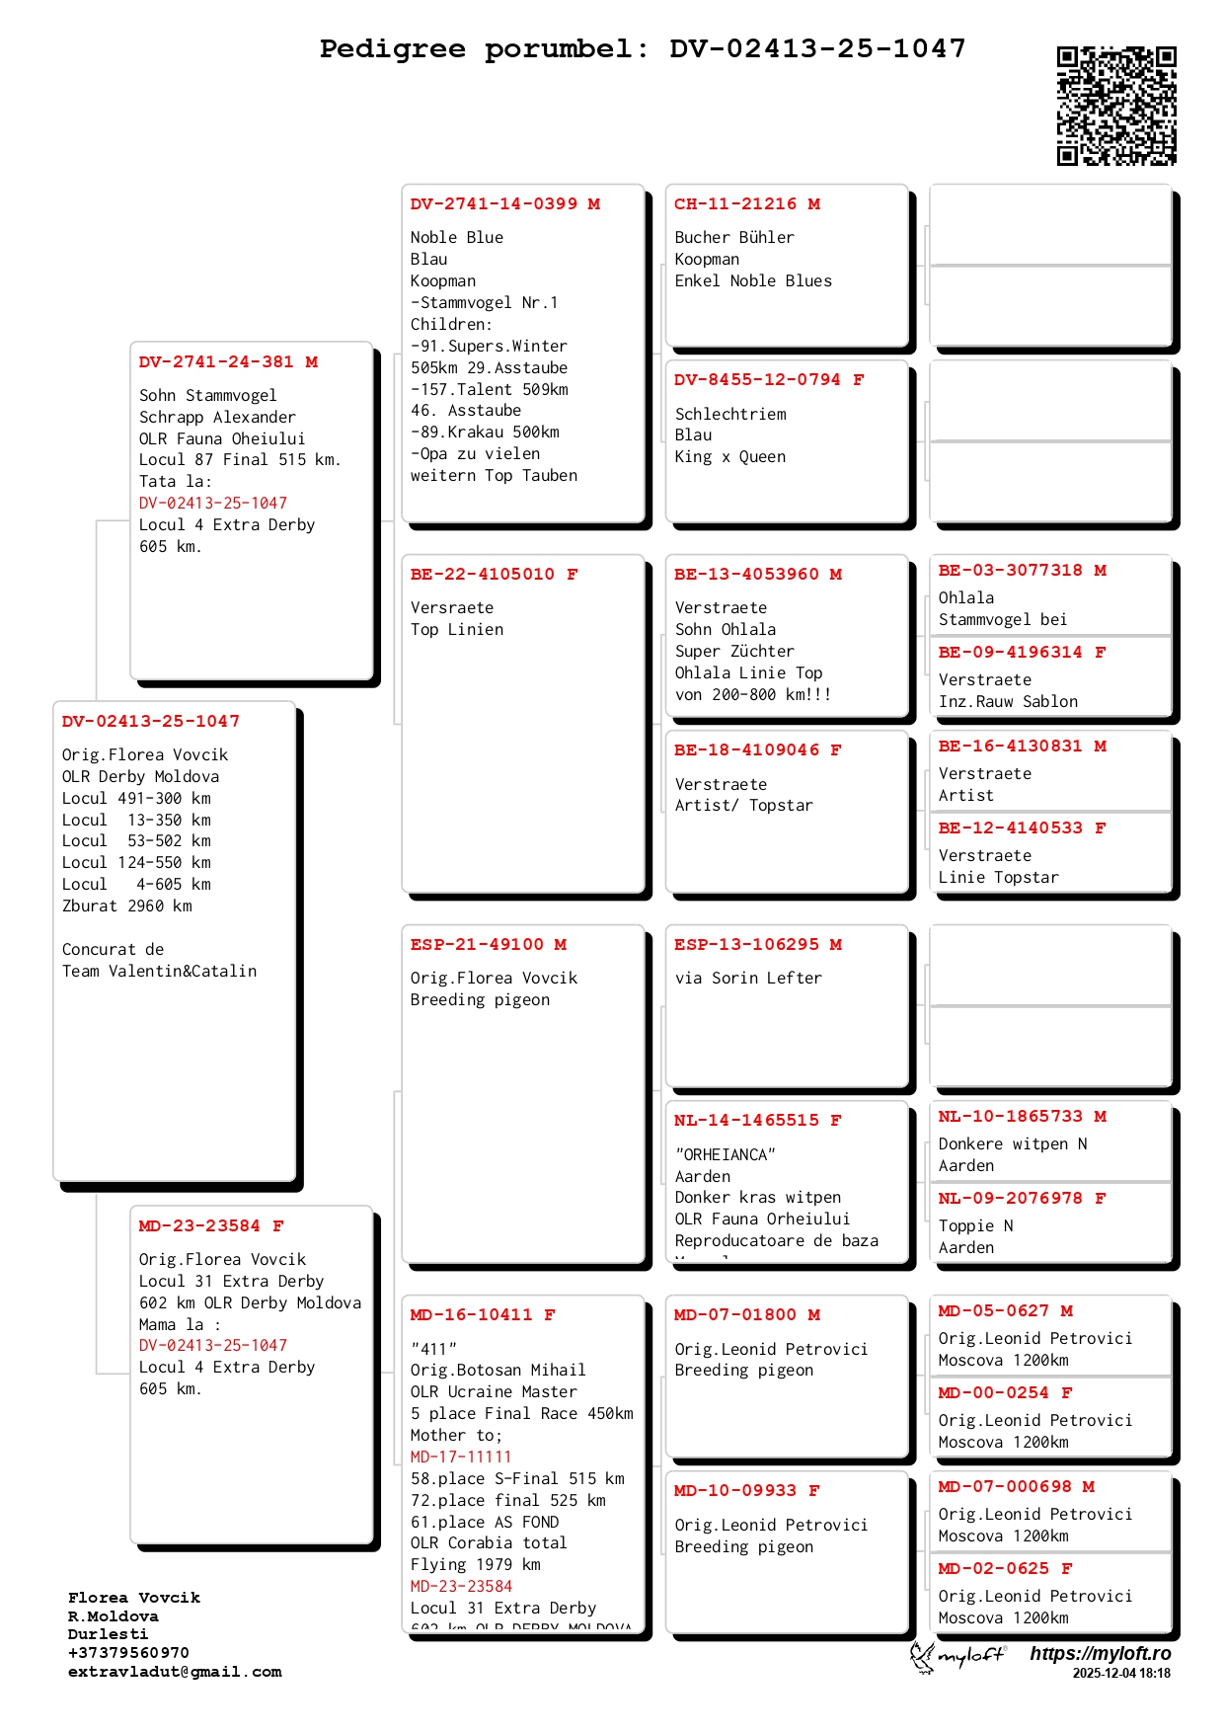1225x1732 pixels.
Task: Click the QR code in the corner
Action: [1116, 106]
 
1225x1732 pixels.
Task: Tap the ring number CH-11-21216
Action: [735, 204]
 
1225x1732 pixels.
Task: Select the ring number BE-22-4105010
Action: [483, 575]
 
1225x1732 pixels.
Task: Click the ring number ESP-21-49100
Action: [477, 945]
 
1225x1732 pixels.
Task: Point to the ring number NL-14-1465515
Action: [746, 1121]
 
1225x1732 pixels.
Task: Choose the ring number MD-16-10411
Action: [471, 1315]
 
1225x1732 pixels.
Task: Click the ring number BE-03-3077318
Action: [1010, 571]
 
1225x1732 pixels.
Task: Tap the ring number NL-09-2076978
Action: [1010, 1199]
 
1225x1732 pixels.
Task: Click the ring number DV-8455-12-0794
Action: [757, 380]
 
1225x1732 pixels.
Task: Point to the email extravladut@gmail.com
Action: [175, 1672]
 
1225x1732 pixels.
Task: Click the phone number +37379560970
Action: [128, 1653]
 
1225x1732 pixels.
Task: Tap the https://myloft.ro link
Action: [1100, 1654]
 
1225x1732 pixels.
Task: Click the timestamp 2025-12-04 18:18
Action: [1121, 1674]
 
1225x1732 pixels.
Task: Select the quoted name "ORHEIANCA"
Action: [726, 1155]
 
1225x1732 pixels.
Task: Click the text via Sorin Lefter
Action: [748, 979]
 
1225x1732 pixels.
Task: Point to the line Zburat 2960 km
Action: [127, 906]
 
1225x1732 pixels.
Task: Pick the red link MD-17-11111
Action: [461, 1457]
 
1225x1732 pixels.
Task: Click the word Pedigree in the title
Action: [392, 48]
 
